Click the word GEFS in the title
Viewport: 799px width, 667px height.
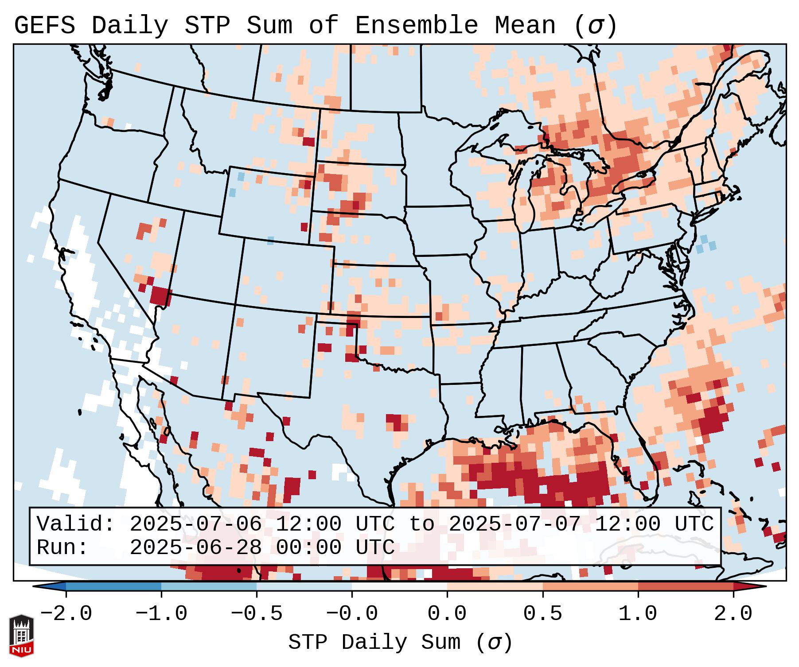(x=44, y=26)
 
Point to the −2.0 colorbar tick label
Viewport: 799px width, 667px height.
(x=66, y=614)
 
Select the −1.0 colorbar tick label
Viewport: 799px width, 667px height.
(x=161, y=614)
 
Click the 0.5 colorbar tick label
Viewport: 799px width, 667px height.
(x=542, y=614)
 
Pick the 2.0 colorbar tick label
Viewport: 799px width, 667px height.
(x=733, y=614)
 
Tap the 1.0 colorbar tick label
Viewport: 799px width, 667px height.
(x=638, y=614)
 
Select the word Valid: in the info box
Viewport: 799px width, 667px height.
(x=76, y=524)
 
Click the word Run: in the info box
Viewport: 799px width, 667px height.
(x=62, y=548)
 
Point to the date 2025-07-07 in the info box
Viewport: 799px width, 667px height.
(x=514, y=524)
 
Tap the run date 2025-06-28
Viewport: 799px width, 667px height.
(x=195, y=548)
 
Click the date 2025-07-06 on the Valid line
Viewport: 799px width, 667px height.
(x=195, y=524)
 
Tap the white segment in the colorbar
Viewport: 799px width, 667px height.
(x=399, y=586)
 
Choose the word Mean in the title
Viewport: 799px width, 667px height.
(x=525, y=26)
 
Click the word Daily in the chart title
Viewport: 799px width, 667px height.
(x=129, y=26)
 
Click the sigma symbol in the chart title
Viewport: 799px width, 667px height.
(x=595, y=26)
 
